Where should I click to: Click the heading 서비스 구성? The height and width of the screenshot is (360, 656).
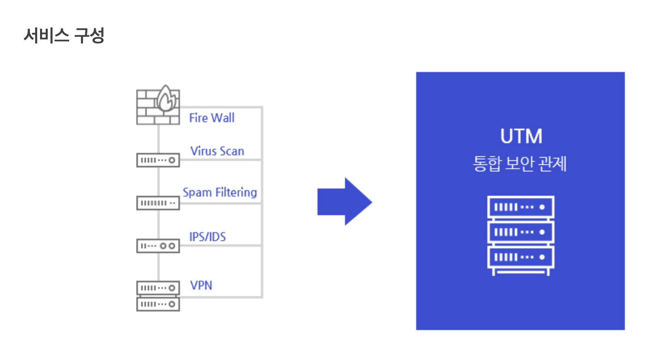(64, 36)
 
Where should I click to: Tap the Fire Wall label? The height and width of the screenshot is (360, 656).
(212, 118)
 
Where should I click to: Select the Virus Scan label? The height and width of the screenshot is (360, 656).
(217, 151)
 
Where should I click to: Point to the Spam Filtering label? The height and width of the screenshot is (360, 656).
(220, 192)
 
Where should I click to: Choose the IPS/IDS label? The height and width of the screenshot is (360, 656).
(207, 237)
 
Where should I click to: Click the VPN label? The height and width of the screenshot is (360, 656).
(201, 285)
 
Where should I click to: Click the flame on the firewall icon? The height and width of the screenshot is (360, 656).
(166, 99)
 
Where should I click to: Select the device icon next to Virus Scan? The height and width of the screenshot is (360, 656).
(158, 160)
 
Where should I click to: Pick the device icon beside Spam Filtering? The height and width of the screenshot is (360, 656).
(158, 203)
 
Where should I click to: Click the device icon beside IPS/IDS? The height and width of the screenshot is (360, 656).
(158, 246)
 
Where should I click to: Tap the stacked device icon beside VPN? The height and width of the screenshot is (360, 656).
(158, 296)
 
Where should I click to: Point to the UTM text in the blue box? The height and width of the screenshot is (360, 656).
(521, 136)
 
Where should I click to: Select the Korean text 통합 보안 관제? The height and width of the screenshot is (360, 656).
(520, 164)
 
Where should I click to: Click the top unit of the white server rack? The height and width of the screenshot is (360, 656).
(521, 207)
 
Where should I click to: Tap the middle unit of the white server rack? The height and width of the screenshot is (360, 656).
(521, 232)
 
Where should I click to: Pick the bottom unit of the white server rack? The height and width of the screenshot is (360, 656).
(521, 257)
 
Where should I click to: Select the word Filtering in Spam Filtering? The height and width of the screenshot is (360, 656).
(236, 192)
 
